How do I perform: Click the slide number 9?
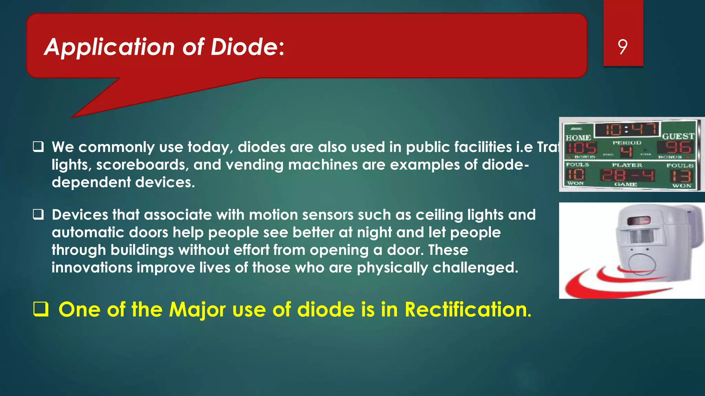[622, 47]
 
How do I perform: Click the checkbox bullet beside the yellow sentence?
[40, 309]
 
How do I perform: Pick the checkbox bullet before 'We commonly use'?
[38, 147]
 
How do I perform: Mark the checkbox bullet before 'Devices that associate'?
[38, 215]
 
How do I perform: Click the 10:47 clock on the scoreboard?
[627, 130]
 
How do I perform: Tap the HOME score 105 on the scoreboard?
[581, 148]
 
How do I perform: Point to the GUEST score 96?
[677, 147]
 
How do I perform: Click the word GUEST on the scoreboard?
[678, 136]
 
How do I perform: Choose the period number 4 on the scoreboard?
[627, 151]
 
